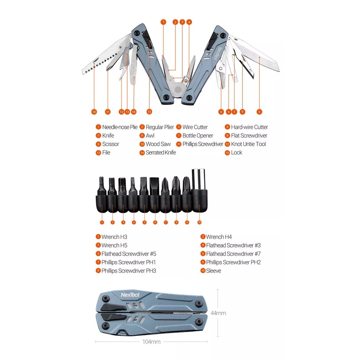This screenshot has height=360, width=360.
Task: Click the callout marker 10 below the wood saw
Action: click(x=94, y=112)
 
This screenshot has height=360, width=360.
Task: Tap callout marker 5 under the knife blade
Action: click(x=259, y=112)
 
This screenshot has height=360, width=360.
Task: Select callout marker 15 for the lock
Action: click(x=149, y=112)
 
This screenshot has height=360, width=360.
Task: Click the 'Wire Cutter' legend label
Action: click(x=195, y=127)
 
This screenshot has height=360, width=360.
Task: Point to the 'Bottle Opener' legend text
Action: click(x=198, y=136)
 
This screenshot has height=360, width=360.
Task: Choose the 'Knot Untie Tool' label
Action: click(x=248, y=144)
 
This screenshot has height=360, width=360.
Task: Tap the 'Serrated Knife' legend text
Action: click(x=161, y=153)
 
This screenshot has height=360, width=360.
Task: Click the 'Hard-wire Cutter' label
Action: click(x=249, y=127)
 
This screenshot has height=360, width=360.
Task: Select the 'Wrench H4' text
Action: click(x=219, y=237)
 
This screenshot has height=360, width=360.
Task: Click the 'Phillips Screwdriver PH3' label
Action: click(x=129, y=271)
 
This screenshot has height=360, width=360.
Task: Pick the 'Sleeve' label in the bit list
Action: click(x=214, y=271)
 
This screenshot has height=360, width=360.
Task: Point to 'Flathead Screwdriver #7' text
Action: click(x=233, y=254)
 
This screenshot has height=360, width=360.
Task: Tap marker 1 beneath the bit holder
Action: click(x=102, y=222)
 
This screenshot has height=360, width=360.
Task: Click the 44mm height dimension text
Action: click(x=218, y=313)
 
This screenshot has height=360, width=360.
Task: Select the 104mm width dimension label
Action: click(x=152, y=342)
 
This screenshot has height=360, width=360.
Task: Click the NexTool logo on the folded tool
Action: click(x=130, y=295)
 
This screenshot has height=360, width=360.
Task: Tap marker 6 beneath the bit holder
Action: click(x=155, y=222)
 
